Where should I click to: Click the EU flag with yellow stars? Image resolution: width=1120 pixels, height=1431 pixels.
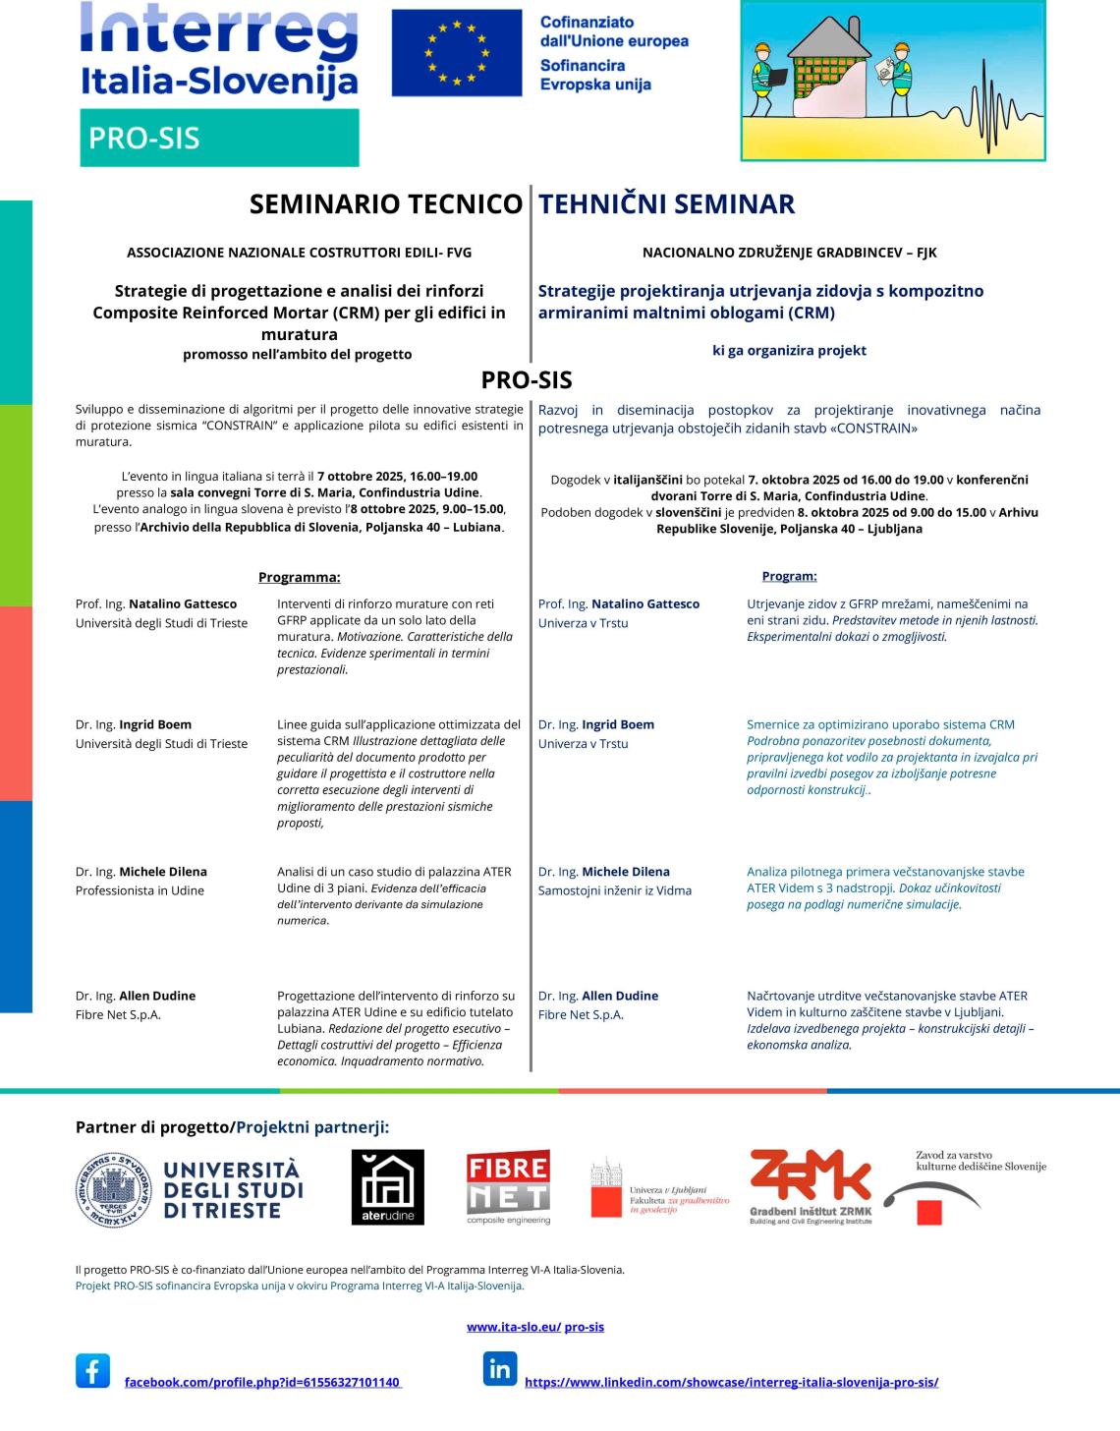click(x=456, y=53)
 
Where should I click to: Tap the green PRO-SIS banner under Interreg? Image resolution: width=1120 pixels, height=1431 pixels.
click(x=219, y=138)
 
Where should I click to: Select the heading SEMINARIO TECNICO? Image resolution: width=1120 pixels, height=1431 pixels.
click(x=385, y=204)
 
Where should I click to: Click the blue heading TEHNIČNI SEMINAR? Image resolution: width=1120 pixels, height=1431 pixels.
click(x=666, y=204)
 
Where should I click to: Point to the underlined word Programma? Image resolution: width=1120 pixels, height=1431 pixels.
click(x=299, y=577)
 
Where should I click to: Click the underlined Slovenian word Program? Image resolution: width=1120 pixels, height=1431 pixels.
click(x=789, y=576)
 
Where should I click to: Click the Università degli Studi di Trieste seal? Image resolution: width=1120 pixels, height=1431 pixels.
click(x=114, y=1188)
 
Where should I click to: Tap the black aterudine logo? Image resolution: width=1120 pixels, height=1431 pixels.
click(x=388, y=1186)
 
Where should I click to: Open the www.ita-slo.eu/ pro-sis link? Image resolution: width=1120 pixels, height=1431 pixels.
click(x=535, y=1327)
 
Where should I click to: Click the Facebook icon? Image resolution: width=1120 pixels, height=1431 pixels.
click(x=92, y=1370)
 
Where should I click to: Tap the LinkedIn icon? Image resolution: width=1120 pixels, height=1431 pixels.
click(x=499, y=1368)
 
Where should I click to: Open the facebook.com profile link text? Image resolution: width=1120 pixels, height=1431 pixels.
click(x=262, y=1383)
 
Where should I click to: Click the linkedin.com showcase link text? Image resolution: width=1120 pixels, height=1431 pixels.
click(x=731, y=1382)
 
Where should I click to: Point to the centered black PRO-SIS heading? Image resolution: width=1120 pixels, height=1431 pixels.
click(x=527, y=379)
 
